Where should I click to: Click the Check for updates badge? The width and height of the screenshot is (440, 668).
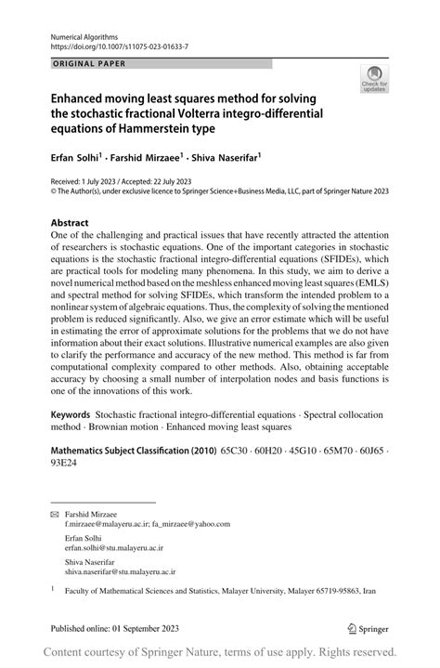click(x=375, y=80)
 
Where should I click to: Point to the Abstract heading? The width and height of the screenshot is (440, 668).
click(x=71, y=224)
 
